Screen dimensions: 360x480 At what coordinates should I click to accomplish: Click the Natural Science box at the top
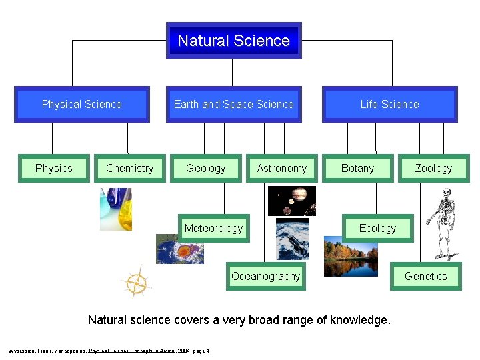pyautogui.click(x=233, y=41)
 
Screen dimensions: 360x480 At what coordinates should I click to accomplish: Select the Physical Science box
pyautogui.click(x=82, y=105)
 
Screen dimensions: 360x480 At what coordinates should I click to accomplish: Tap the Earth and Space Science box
pyautogui.click(x=233, y=105)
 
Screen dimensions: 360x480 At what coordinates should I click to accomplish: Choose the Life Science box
pyautogui.click(x=389, y=105)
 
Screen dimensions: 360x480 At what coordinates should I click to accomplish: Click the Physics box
pyautogui.click(x=53, y=168)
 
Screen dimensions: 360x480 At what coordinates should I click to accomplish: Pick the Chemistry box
pyautogui.click(x=129, y=168)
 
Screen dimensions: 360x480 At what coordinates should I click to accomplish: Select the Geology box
pyautogui.click(x=205, y=168)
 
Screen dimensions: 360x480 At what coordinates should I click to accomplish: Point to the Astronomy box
pyautogui.click(x=282, y=168)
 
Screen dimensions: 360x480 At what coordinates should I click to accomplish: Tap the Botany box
pyautogui.click(x=357, y=168)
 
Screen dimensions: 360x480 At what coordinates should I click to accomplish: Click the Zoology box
pyautogui.click(x=433, y=168)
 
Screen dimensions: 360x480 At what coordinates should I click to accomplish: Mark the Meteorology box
pyautogui.click(x=213, y=228)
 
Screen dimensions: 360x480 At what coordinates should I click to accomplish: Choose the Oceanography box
pyautogui.click(x=265, y=276)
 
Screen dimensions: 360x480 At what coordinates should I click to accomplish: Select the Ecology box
pyautogui.click(x=377, y=228)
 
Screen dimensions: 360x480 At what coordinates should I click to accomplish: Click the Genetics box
pyautogui.click(x=425, y=276)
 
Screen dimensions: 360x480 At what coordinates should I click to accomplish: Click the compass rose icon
pyautogui.click(x=136, y=283)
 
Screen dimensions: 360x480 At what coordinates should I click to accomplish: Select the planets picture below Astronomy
pyautogui.click(x=291, y=201)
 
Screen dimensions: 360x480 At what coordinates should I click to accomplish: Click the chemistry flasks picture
pyautogui.click(x=115, y=209)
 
